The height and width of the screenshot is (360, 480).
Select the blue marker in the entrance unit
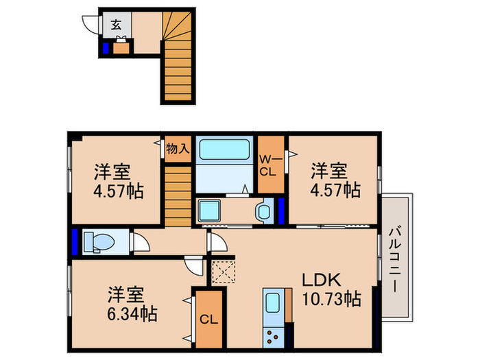(106, 48)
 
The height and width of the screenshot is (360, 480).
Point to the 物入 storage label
(178, 149)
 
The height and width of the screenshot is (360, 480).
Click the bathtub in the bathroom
(225, 150)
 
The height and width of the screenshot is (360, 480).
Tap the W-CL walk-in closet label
(269, 165)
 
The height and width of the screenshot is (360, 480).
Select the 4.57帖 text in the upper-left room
(119, 191)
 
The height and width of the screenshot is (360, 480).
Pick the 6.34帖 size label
(132, 315)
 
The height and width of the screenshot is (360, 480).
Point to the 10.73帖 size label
(331, 299)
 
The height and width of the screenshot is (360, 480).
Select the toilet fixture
(96, 241)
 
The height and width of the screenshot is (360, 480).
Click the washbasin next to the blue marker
(263, 211)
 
